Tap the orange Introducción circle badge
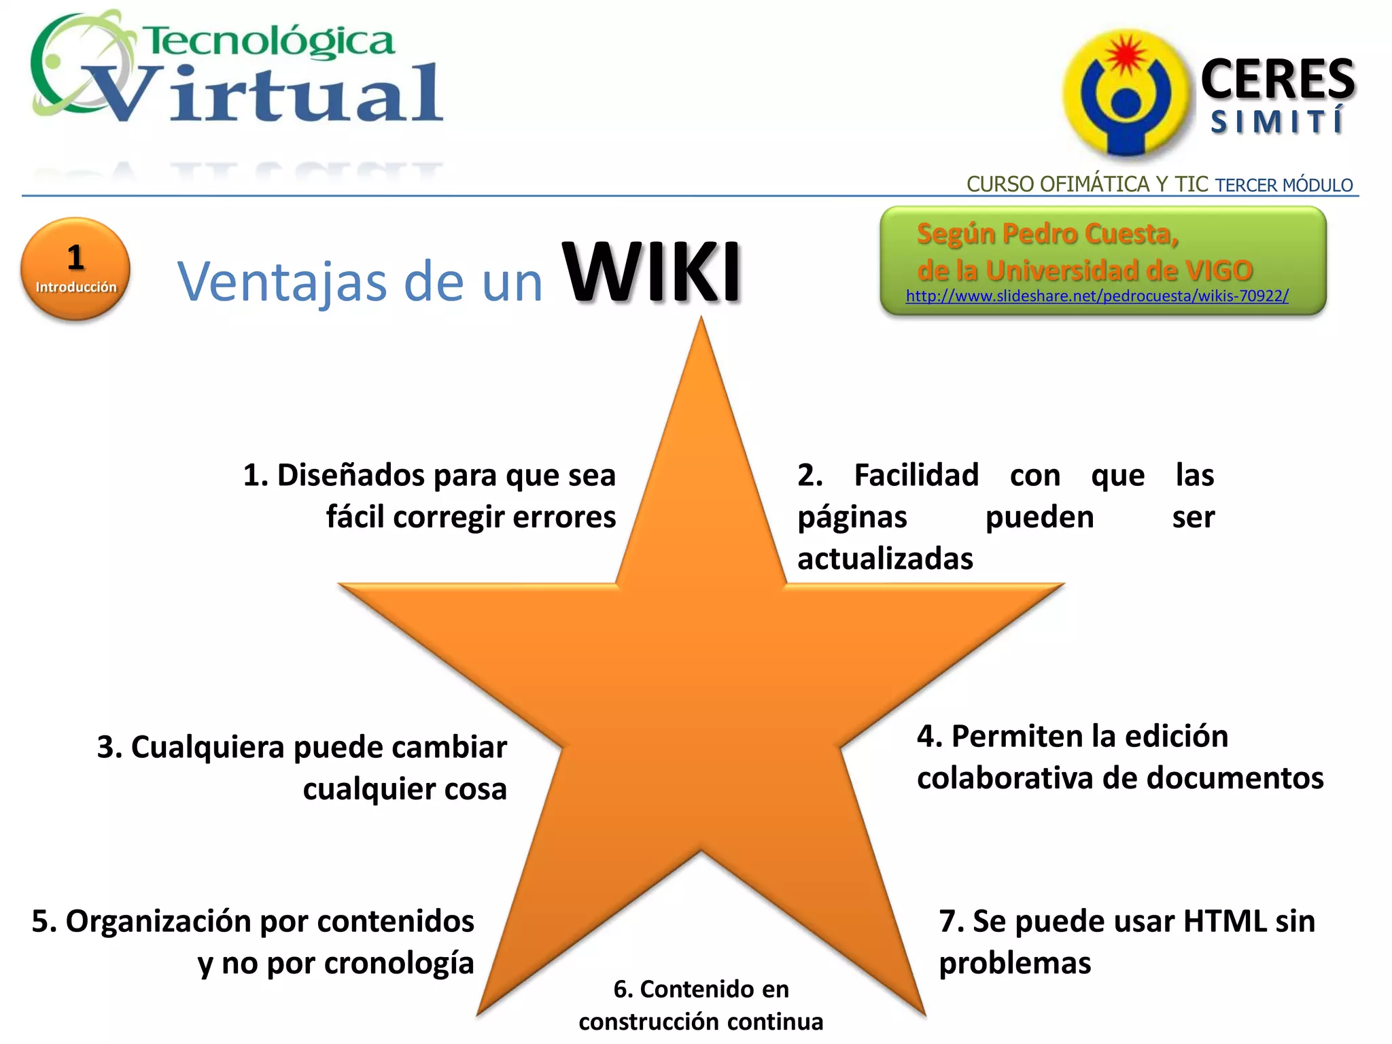coord(75,268)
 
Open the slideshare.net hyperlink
coord(1096,296)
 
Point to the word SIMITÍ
coord(1276,123)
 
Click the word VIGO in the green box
coord(1219,271)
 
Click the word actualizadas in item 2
coord(885,559)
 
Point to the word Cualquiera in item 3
coord(207,747)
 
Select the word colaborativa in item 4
coord(1005,778)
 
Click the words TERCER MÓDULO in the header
coord(1284,185)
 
